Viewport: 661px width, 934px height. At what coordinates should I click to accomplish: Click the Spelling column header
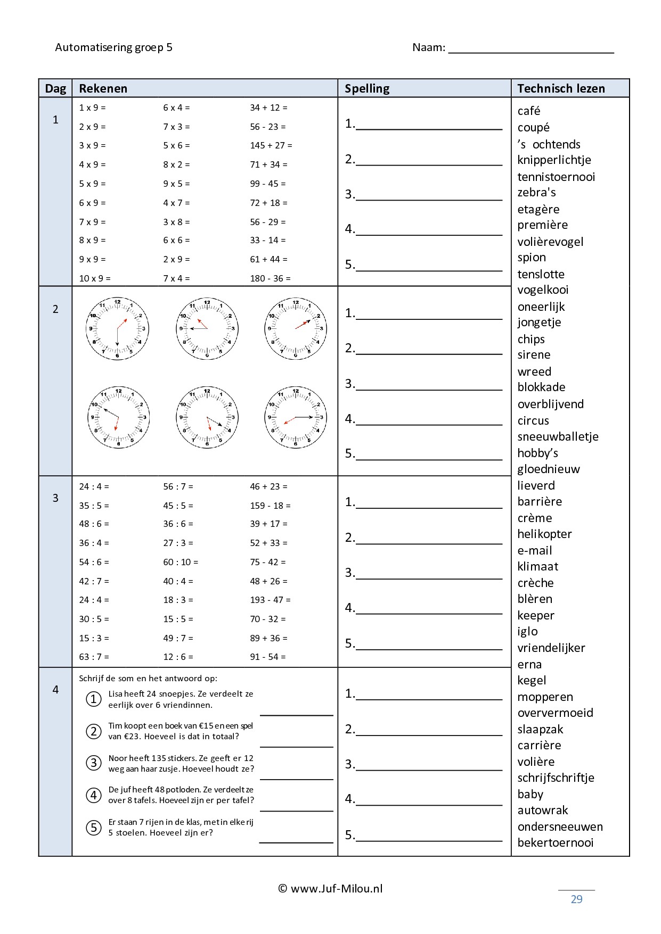click(367, 88)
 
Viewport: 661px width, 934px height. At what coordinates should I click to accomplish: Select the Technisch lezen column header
click(561, 88)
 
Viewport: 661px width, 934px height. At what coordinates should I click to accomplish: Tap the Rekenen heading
click(103, 88)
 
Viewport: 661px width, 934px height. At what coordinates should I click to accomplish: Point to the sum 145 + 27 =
click(271, 145)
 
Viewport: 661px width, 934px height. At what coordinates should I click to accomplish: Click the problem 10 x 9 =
click(95, 278)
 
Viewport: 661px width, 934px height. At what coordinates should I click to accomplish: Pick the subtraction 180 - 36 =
click(270, 278)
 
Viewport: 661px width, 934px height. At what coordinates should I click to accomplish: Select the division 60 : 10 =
click(180, 562)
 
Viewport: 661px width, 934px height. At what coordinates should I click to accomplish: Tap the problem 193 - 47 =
click(270, 600)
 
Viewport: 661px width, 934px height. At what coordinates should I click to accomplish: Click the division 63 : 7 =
click(94, 657)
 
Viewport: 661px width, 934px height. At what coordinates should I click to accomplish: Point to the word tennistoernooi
click(556, 177)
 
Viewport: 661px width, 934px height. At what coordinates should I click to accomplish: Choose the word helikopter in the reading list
click(544, 534)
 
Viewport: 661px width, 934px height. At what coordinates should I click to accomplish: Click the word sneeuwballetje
click(558, 436)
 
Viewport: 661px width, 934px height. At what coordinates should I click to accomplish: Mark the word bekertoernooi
click(555, 842)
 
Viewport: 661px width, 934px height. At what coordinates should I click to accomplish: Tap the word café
click(529, 111)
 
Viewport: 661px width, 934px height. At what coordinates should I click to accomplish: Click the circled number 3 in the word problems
click(94, 763)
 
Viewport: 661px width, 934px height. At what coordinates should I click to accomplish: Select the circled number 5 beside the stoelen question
click(94, 828)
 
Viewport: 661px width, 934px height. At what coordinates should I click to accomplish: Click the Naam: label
click(429, 47)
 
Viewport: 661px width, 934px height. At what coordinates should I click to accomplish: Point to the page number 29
click(576, 899)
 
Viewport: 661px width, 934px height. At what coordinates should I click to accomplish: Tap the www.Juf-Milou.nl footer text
click(331, 888)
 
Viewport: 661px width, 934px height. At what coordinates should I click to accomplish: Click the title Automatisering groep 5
click(113, 47)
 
